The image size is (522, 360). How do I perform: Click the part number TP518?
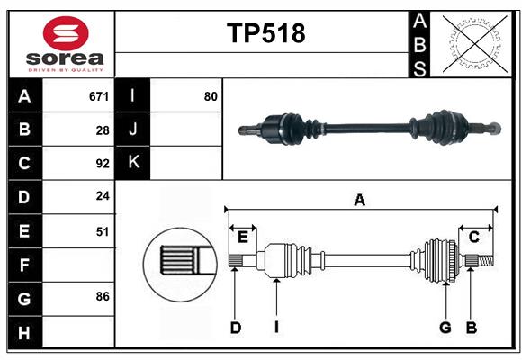pyautogui.click(x=265, y=33)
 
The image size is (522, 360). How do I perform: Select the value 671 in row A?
pyautogui.click(x=99, y=96)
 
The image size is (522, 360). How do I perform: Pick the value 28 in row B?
pyautogui.click(x=103, y=130)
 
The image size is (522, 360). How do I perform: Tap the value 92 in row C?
pyautogui.click(x=103, y=164)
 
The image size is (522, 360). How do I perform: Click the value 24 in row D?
pyautogui.click(x=103, y=197)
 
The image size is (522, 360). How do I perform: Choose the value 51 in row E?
pyautogui.click(x=103, y=231)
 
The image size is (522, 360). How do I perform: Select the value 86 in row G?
pyautogui.click(x=103, y=296)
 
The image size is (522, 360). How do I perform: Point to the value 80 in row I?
pyautogui.click(x=211, y=96)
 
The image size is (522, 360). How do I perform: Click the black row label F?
pyautogui.click(x=24, y=265)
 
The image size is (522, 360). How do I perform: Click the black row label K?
pyautogui.click(x=133, y=163)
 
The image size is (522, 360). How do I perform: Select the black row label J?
pyautogui.click(x=133, y=130)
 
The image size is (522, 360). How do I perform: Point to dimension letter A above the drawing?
pyautogui.click(x=360, y=201)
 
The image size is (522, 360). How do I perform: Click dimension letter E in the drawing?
pyautogui.click(x=243, y=237)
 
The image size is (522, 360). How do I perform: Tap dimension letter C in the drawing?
pyautogui.click(x=473, y=237)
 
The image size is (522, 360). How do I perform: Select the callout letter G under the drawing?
pyautogui.click(x=445, y=328)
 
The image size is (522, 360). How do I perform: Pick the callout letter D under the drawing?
pyautogui.click(x=235, y=328)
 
